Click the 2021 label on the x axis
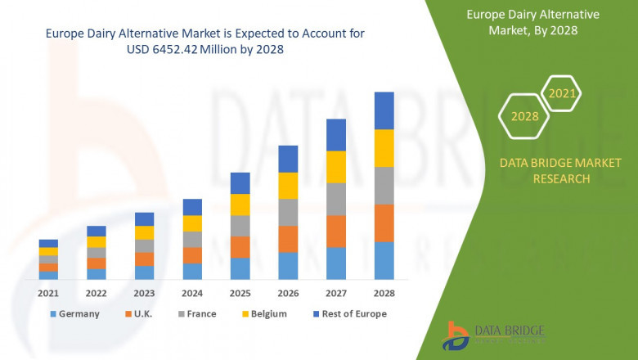click(48, 293)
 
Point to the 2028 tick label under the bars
click(384, 293)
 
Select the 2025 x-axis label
click(240, 293)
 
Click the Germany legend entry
click(75, 313)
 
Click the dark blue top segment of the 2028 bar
click(384, 110)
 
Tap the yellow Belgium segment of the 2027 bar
click(335, 167)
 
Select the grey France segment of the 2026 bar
click(288, 212)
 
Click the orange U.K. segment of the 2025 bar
click(240, 247)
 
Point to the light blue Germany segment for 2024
click(192, 271)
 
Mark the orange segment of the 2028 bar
click(384, 223)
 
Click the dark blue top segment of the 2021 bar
click(48, 243)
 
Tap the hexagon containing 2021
click(561, 94)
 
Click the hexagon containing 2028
click(524, 116)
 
